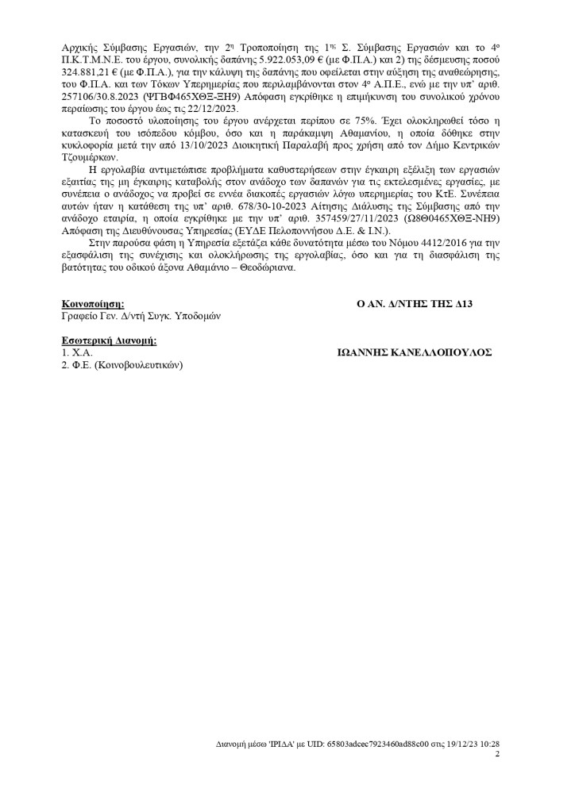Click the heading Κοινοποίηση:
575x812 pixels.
92,304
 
